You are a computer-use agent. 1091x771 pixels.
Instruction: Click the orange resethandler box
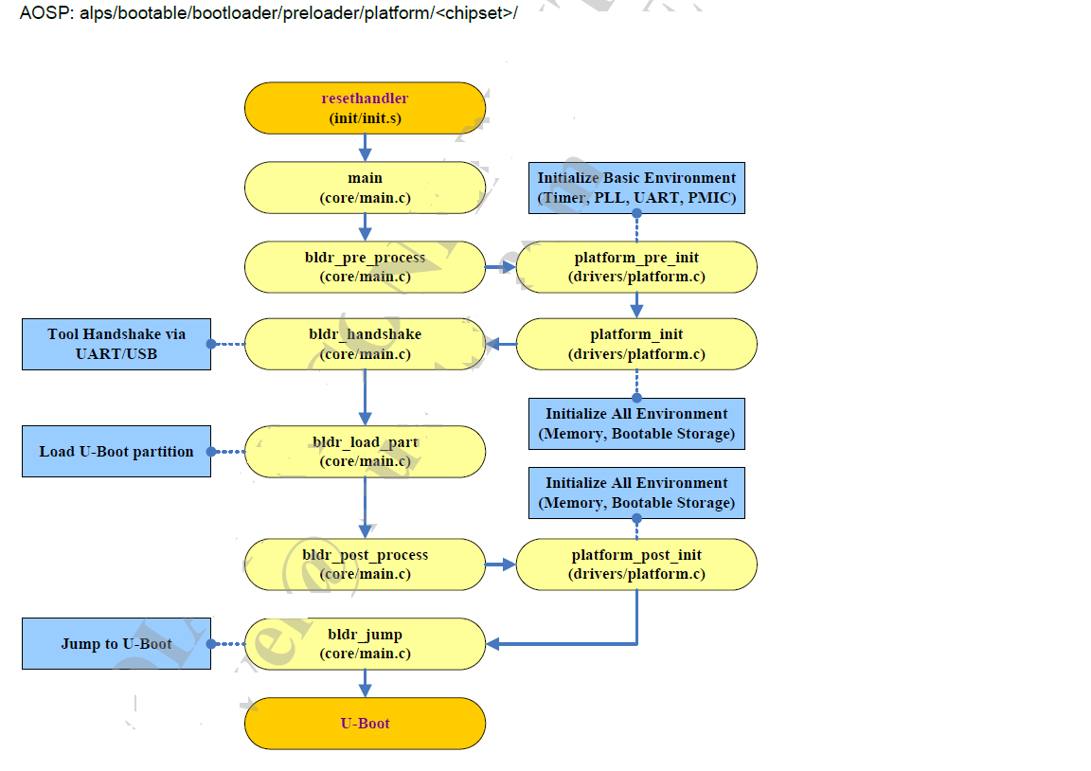[365, 108]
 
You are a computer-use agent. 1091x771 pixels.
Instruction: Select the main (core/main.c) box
[365, 188]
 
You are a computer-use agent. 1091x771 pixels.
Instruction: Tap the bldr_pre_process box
[365, 267]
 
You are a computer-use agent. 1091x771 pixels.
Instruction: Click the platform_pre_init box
[636, 267]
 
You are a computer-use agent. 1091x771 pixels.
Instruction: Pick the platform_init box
[636, 344]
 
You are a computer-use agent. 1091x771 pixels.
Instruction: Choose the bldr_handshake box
[365, 344]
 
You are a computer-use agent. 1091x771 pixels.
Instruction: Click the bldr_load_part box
[365, 452]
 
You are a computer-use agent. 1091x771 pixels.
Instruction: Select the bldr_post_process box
[365, 565]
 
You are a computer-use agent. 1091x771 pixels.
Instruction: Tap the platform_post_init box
[636, 565]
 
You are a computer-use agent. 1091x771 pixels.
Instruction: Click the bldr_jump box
[365, 644]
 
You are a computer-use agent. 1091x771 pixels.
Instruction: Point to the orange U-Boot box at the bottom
[365, 724]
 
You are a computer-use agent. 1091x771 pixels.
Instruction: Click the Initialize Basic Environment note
[636, 188]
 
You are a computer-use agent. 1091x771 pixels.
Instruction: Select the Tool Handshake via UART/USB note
[116, 344]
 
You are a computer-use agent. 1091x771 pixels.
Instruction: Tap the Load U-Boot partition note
[116, 452]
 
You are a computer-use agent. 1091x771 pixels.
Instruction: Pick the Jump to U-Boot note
[116, 644]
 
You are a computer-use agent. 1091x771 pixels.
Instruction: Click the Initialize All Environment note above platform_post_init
[636, 493]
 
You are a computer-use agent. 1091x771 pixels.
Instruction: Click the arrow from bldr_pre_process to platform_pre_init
[501, 267]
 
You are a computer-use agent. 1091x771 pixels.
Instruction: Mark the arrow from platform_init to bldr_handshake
[501, 344]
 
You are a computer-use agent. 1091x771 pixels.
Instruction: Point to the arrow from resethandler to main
[365, 148]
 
